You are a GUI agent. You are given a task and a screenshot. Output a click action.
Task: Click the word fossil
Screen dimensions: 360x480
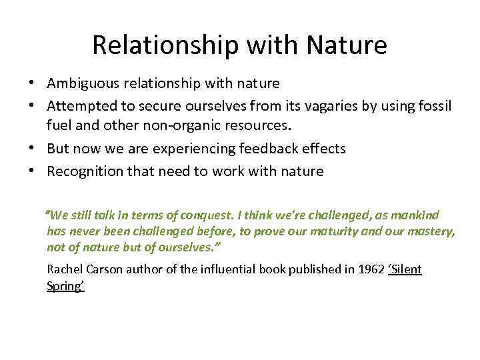(x=435, y=106)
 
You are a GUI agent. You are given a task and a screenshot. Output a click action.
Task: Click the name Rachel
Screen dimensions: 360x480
(x=65, y=269)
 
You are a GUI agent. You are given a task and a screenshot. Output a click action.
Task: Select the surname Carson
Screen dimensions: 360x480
(x=107, y=269)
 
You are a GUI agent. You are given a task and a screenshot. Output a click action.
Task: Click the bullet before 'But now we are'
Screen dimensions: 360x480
(x=32, y=148)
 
